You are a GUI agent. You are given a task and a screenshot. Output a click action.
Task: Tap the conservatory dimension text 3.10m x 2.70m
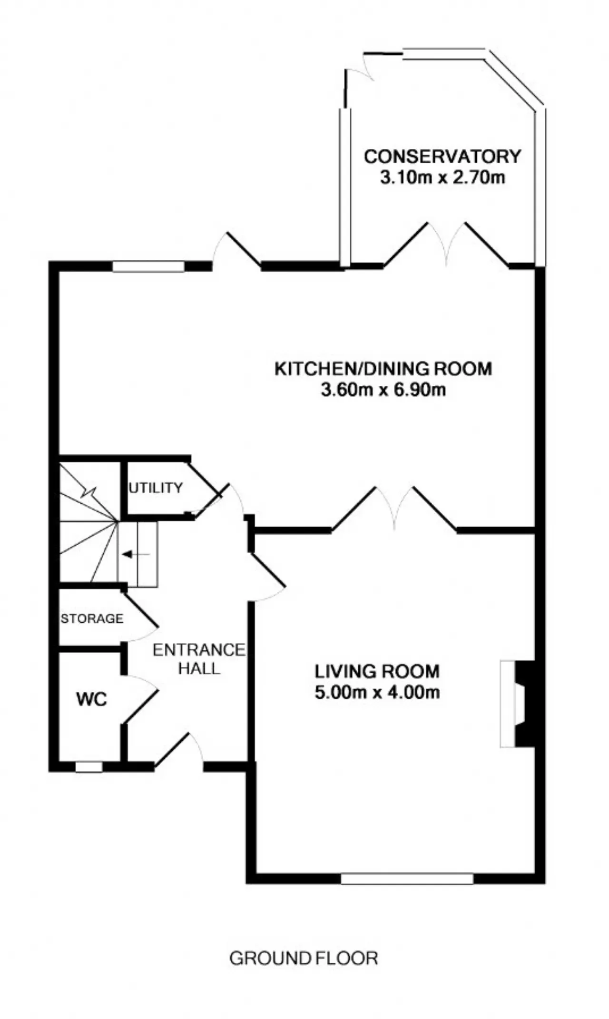tap(442, 178)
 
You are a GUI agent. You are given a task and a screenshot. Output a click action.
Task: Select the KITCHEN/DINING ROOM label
tap(383, 369)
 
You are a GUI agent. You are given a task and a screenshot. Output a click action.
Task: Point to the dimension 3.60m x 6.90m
tap(383, 391)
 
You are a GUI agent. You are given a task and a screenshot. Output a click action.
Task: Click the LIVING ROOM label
tap(377, 671)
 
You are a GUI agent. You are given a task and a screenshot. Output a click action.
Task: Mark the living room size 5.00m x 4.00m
tap(377, 692)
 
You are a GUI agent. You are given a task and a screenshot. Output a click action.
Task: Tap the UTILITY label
tap(156, 488)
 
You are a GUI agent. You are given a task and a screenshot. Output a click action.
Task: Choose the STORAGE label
tap(92, 618)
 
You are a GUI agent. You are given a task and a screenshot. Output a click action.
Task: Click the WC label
tap(91, 699)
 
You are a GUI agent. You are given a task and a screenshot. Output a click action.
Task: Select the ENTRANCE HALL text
tap(199, 659)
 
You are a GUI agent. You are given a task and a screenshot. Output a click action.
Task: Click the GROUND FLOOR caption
tap(304, 958)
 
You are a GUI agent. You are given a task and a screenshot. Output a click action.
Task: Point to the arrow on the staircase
tap(136, 554)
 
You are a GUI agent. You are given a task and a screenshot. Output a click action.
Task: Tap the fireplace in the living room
tap(517, 704)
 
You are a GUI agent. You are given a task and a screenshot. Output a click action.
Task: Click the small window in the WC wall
tap(89, 767)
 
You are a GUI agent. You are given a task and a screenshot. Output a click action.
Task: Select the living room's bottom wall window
tap(407, 878)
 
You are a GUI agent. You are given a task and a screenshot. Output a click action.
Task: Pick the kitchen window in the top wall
tap(148, 266)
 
